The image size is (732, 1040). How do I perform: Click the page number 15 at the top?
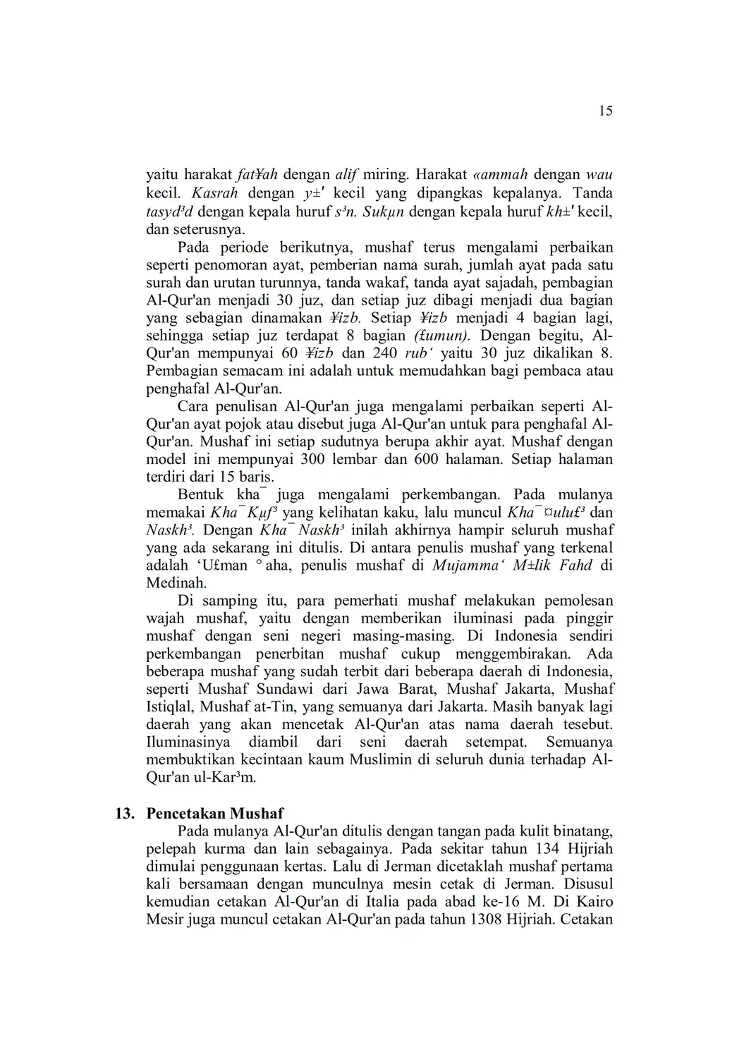tap(605, 111)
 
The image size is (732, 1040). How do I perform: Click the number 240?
tap(384, 354)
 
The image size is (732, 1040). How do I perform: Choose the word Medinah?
tap(176, 584)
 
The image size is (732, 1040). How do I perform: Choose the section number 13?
tap(125, 814)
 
